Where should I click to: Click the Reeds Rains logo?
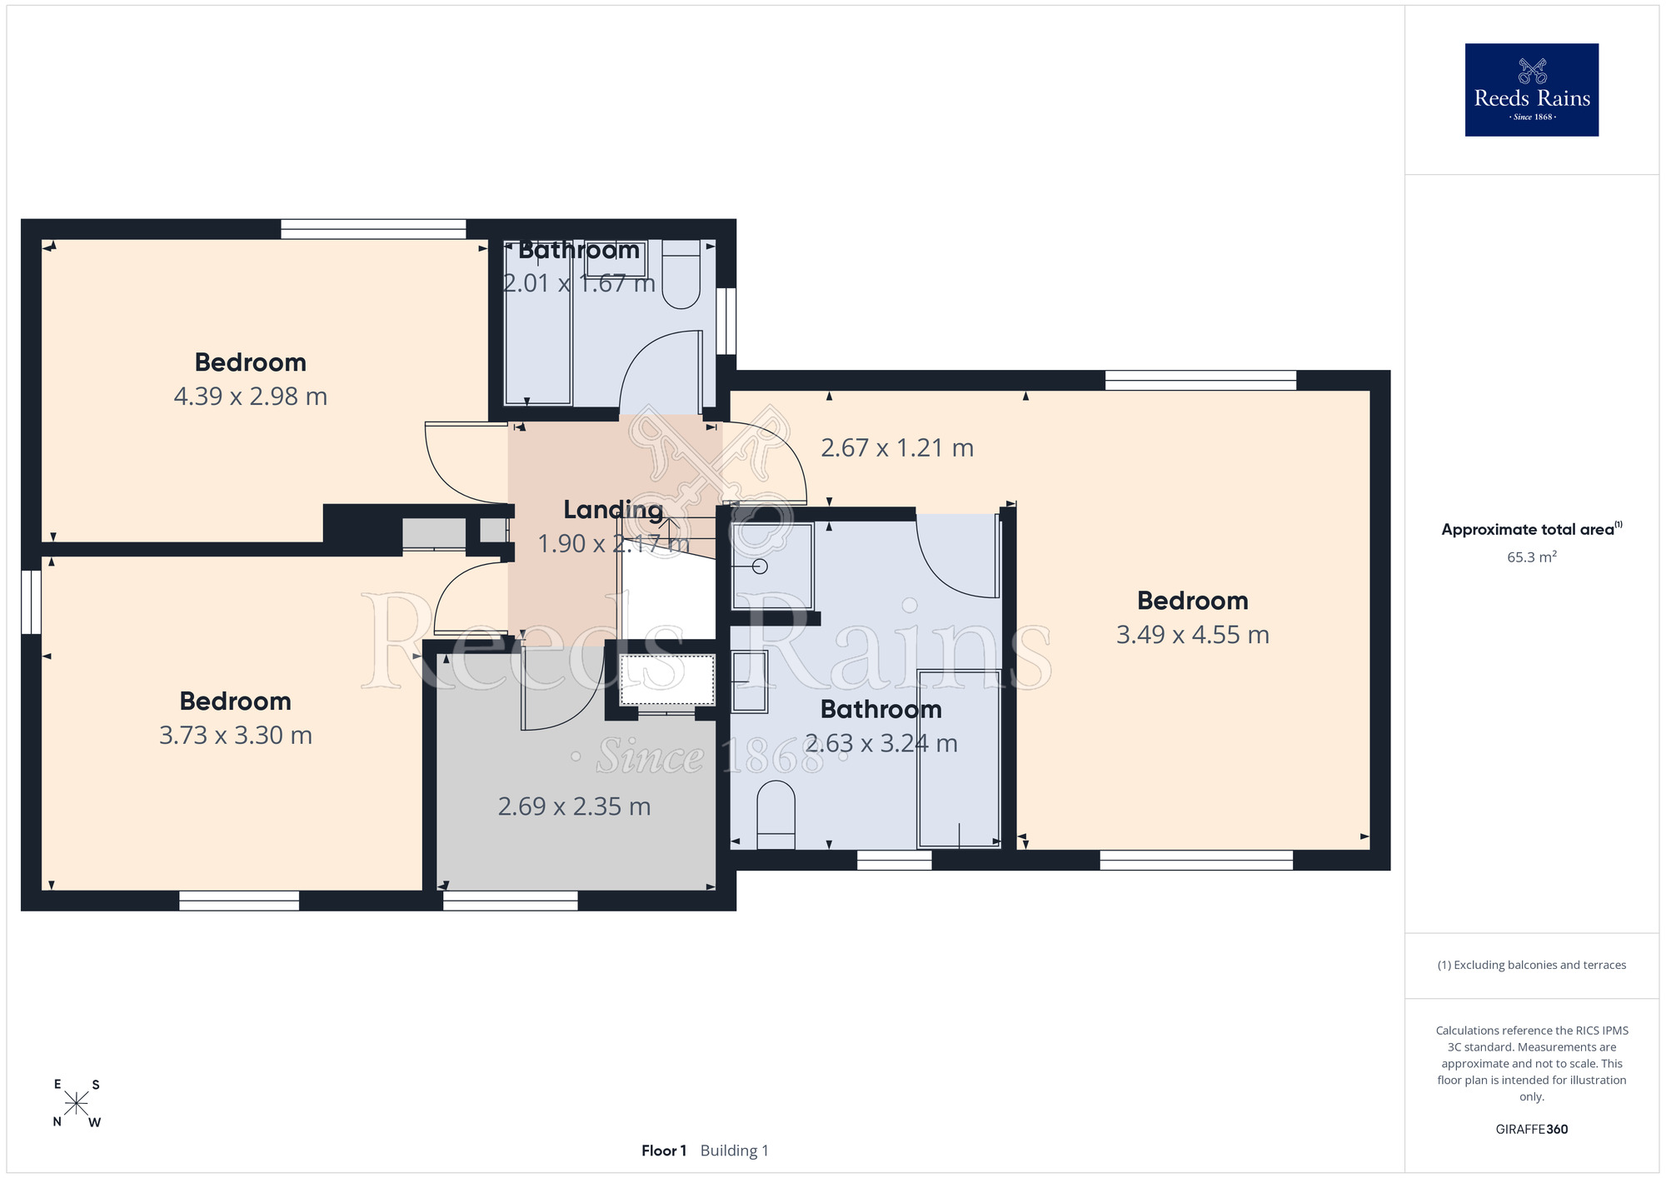[x=1531, y=90]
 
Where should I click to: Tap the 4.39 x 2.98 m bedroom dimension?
[x=251, y=397]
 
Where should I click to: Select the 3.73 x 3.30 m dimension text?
[x=236, y=736]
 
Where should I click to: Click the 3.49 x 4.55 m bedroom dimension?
[x=1193, y=635]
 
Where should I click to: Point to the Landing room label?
[x=613, y=510]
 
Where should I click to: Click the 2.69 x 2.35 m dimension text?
[x=574, y=806]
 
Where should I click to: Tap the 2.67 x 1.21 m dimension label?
[x=897, y=448]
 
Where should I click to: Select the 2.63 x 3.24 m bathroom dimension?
[x=881, y=743]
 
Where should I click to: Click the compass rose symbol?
[x=76, y=1104]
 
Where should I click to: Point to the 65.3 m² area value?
[x=1532, y=557]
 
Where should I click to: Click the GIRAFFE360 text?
[x=1532, y=1130]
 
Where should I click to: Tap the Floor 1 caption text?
[x=664, y=1151]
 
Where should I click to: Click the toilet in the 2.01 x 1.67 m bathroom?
[x=681, y=274]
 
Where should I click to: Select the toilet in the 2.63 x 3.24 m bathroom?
[x=776, y=815]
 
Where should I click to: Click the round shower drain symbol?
[x=760, y=567]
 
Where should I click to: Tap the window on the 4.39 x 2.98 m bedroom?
[x=373, y=229]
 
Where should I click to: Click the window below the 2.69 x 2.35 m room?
[x=510, y=901]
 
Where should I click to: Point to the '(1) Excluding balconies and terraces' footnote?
[x=1532, y=965]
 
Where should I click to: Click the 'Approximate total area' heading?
[x=1532, y=529]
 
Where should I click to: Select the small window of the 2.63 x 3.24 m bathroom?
[x=894, y=861]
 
